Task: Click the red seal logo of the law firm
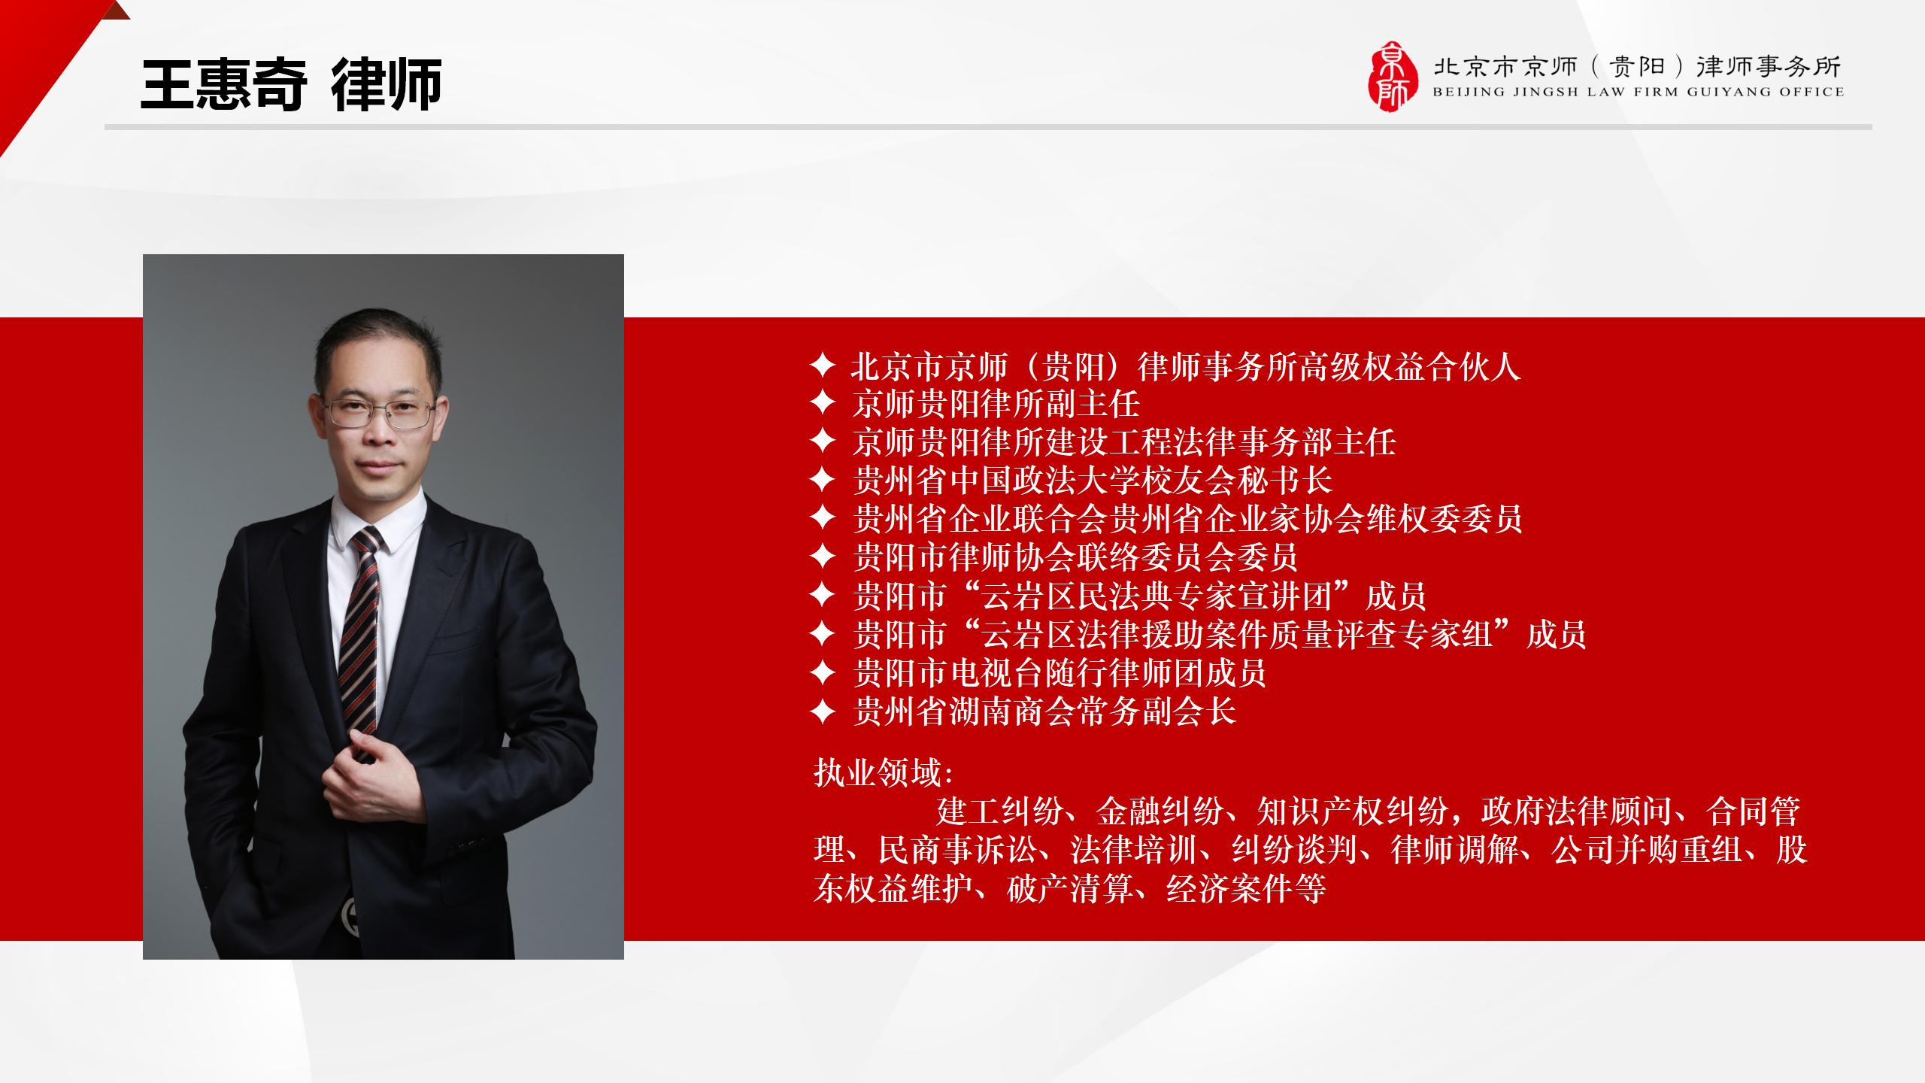1393,77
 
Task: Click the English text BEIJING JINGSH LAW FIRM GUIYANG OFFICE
1639,92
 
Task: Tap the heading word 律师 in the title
387,84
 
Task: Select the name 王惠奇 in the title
224,84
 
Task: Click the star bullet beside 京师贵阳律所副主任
823,402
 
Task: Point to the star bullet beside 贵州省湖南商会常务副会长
823,711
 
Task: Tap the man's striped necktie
359,639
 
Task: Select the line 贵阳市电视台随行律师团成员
1060,672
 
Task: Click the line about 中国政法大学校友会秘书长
1093,480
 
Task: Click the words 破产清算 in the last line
1070,888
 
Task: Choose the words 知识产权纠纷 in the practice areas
1353,811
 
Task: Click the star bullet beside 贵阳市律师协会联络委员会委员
823,556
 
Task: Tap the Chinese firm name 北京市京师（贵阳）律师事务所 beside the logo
1637,66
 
